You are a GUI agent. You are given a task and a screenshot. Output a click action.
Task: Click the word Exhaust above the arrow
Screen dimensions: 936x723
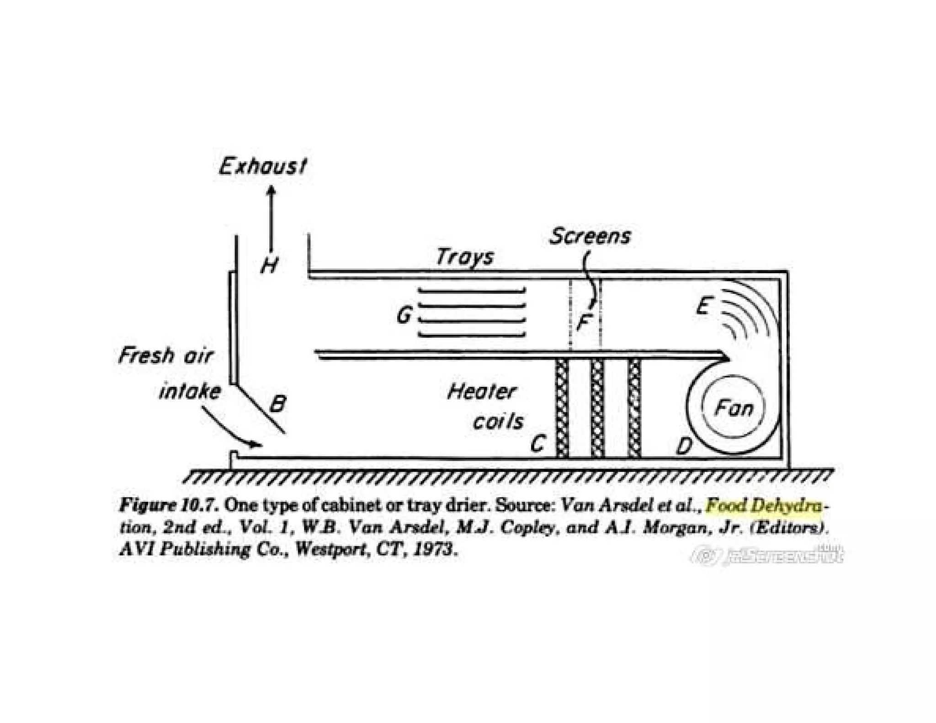point(263,166)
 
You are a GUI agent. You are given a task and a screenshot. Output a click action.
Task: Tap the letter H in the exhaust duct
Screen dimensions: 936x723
point(269,265)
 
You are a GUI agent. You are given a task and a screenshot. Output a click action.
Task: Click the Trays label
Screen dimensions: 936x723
point(465,257)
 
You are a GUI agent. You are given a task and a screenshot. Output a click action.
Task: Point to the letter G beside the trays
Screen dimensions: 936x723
point(404,315)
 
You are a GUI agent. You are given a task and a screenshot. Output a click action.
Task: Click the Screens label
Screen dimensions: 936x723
point(590,236)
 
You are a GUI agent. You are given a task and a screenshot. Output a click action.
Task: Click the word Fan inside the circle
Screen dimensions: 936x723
point(734,408)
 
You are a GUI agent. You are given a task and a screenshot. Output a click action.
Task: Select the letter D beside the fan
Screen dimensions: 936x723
point(684,445)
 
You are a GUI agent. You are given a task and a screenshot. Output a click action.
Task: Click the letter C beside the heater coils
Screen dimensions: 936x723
point(538,443)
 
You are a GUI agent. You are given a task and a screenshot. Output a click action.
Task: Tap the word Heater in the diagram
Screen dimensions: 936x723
point(481,392)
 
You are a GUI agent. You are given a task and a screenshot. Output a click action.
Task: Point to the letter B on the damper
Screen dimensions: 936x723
point(277,404)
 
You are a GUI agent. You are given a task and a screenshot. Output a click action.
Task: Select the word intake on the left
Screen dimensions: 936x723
point(190,392)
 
